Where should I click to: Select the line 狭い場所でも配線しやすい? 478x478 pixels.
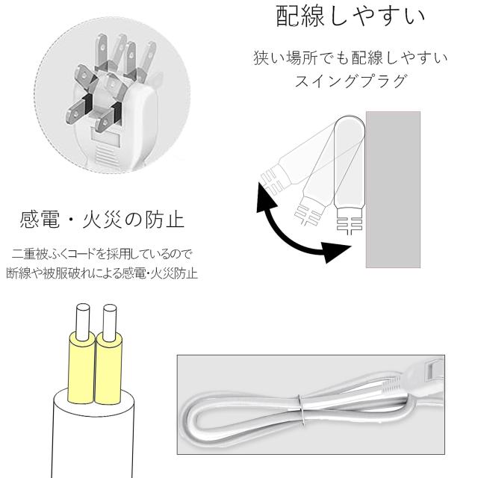[x=351, y=59]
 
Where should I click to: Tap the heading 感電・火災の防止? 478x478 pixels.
[x=101, y=221]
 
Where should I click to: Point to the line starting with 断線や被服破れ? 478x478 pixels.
[x=101, y=273]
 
